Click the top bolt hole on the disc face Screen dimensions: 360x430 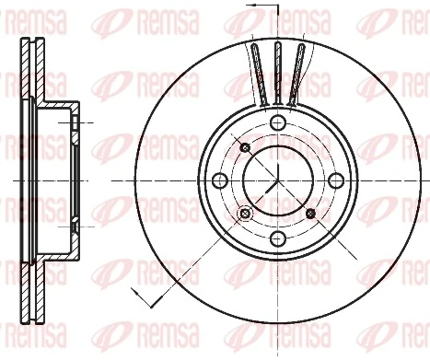(277, 123)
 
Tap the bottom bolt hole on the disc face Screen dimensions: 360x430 (277, 239)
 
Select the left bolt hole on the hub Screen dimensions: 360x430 (219, 181)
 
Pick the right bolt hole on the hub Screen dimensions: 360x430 (335, 181)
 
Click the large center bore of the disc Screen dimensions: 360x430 (277, 181)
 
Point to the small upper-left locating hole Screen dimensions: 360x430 (245, 149)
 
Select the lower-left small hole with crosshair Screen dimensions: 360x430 (245, 214)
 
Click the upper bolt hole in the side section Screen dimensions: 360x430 (73, 122)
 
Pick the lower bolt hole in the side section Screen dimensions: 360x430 (73, 224)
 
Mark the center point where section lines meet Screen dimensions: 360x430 (277, 181)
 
